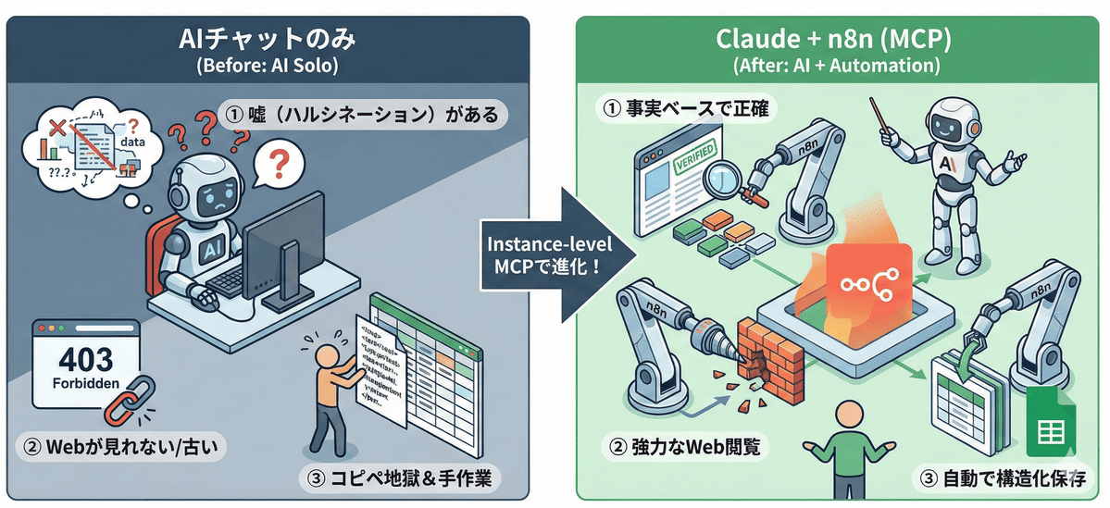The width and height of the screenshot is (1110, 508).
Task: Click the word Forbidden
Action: point(84,379)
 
